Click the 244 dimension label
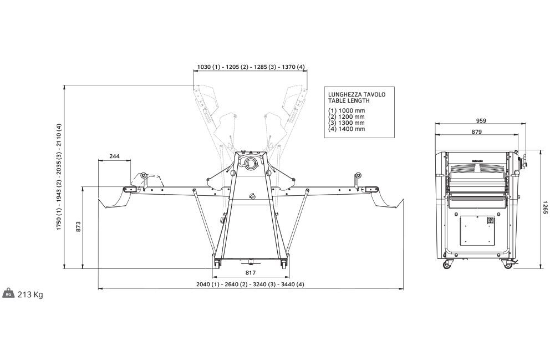114,156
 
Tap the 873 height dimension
78,226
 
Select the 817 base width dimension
251,272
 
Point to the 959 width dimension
481,121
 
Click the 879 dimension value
477,132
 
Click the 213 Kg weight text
30,295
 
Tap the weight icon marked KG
9,293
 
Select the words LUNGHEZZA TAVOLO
357,94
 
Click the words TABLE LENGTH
349,101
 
